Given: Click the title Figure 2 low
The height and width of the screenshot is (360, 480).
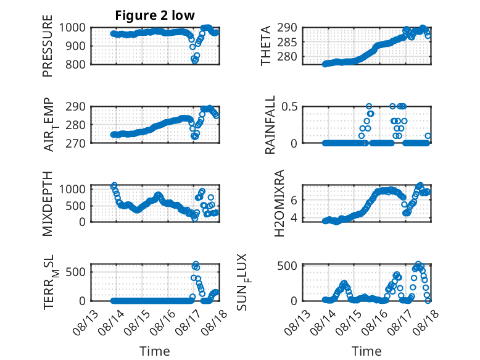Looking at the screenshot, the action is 155,15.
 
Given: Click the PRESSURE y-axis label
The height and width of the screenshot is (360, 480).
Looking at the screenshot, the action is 48,46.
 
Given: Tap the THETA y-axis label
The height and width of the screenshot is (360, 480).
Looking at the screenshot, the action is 266,46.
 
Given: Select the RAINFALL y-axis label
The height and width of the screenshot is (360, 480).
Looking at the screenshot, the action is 270,125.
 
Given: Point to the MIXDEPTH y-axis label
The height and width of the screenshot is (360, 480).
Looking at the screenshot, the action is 48,204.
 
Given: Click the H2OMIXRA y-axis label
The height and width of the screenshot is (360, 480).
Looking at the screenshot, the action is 279,203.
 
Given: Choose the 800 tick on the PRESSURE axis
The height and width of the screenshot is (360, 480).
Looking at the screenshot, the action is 75,65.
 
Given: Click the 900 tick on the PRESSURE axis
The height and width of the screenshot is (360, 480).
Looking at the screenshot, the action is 75,46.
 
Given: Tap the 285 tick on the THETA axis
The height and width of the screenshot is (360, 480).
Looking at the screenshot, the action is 287,42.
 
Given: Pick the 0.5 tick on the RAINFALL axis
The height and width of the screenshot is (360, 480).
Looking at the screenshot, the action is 289,107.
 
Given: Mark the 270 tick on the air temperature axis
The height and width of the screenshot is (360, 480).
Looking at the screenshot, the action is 75,143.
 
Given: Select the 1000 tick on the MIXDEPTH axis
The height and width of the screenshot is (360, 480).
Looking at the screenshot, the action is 72,189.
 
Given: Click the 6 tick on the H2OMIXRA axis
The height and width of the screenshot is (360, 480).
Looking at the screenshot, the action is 294,200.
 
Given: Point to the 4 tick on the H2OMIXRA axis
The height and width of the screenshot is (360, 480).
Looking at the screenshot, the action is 294,218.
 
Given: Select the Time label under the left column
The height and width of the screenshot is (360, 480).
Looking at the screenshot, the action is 155,351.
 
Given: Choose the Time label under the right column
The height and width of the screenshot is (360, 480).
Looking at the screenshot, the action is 366,351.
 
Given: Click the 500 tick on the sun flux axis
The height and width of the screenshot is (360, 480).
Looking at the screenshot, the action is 287,266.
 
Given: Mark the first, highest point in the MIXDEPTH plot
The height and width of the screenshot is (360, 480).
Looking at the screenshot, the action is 114,185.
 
